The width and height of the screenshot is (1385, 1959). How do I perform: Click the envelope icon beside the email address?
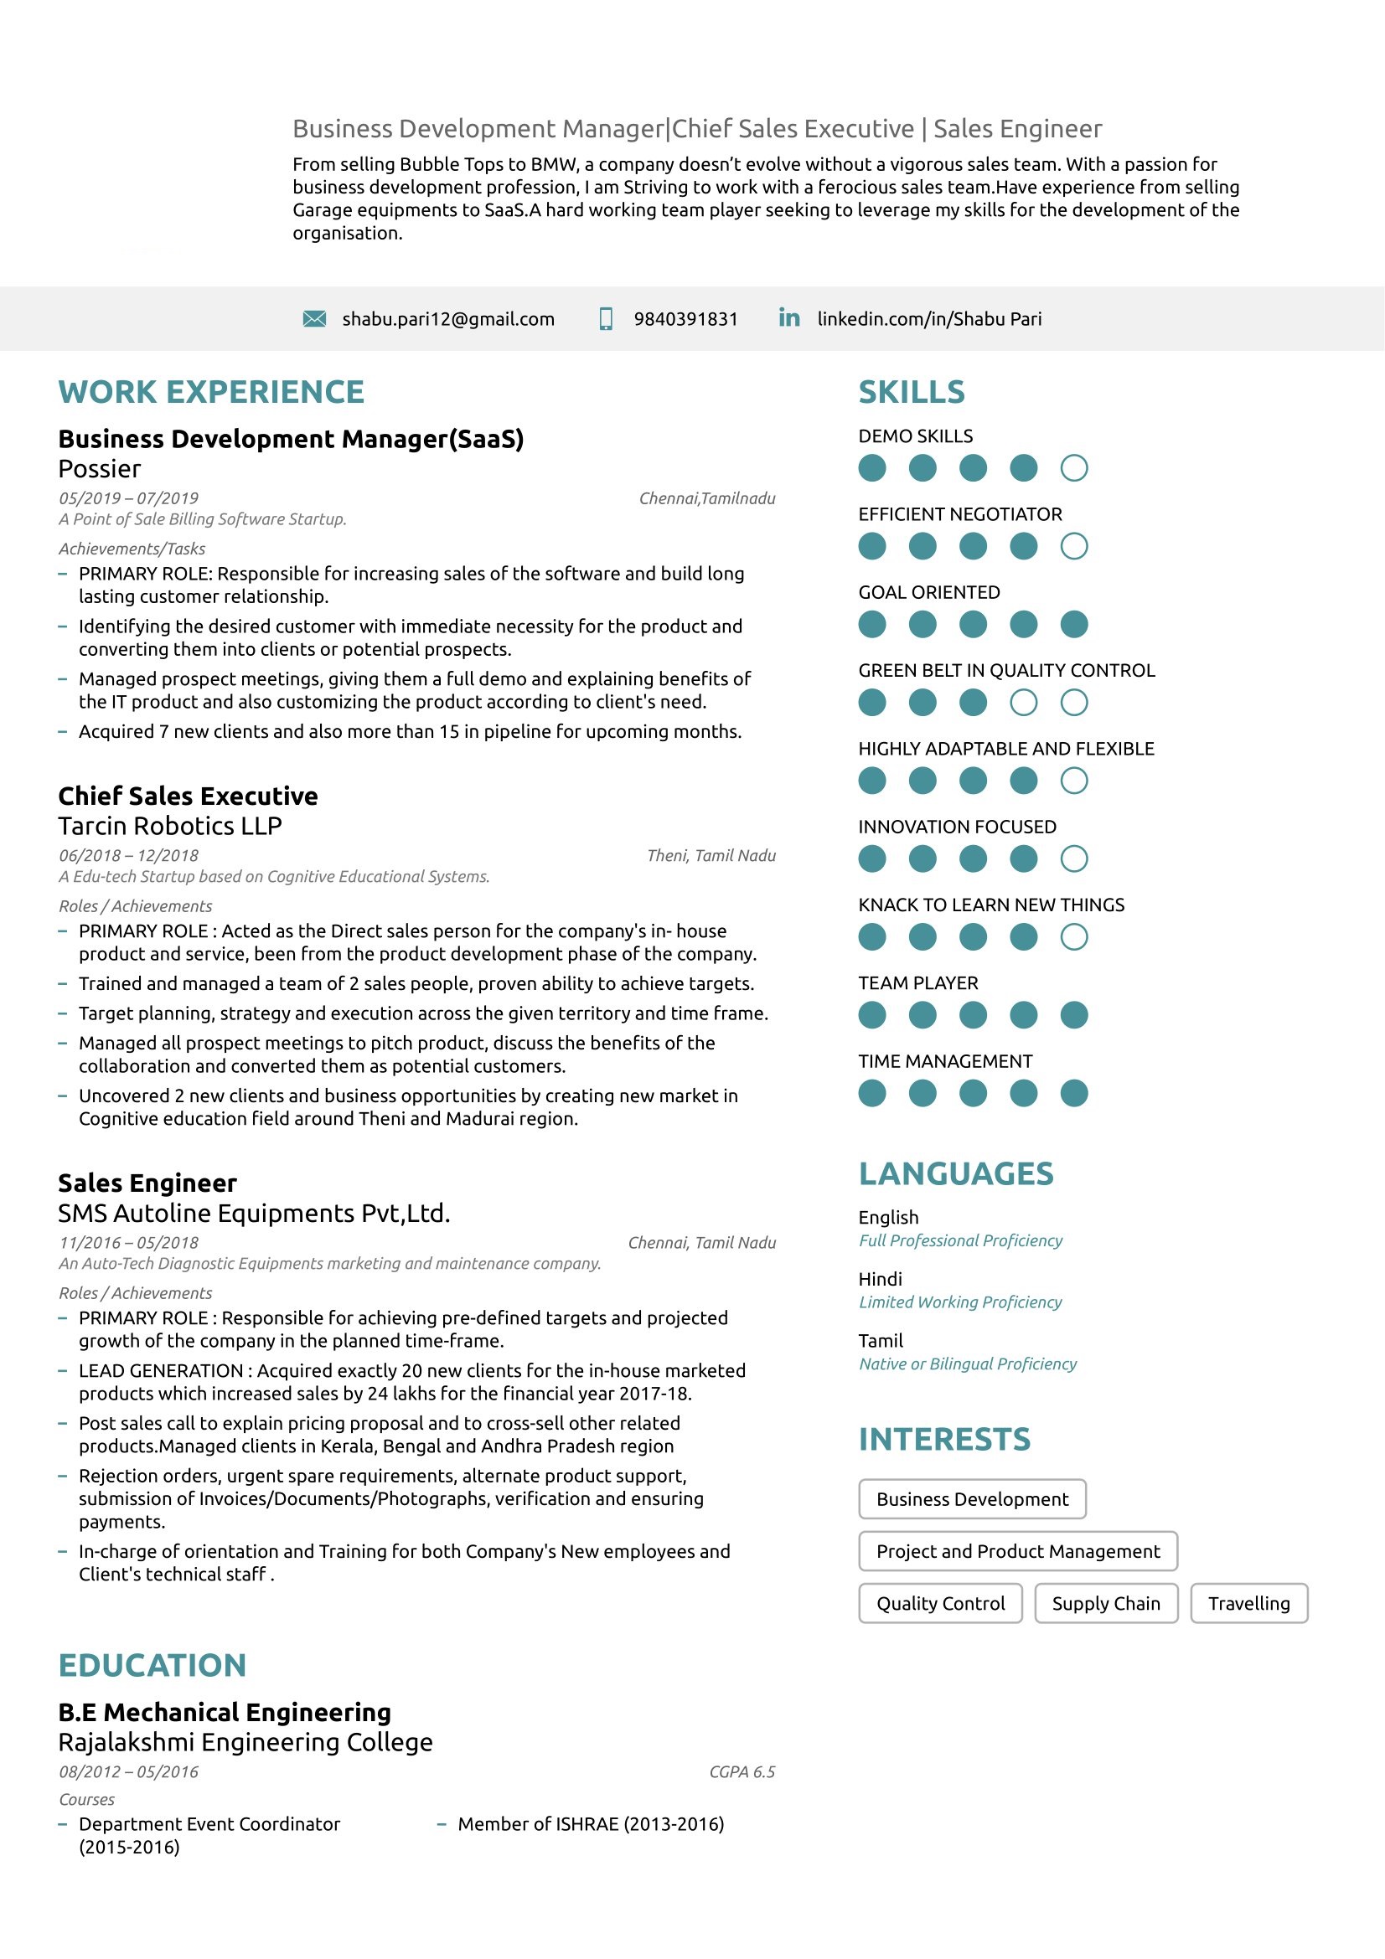[x=314, y=319]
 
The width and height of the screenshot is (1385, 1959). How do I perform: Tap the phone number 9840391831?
[x=685, y=319]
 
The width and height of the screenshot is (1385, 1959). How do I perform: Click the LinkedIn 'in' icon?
[x=789, y=318]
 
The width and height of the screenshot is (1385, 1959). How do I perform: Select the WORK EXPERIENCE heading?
[x=211, y=393]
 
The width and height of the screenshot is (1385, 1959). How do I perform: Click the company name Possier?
[x=100, y=469]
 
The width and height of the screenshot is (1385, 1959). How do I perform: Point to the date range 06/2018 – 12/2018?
[x=129, y=856]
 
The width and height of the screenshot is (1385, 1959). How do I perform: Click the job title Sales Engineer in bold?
[x=147, y=1183]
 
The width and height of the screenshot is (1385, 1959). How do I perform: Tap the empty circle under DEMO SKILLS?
[x=1073, y=468]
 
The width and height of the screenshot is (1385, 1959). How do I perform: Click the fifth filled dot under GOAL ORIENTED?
[x=1073, y=625]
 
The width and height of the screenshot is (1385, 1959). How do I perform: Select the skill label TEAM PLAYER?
[x=918, y=984]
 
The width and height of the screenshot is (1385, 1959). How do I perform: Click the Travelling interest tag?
[x=1248, y=1604]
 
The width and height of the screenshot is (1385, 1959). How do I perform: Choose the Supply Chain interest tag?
[x=1106, y=1604]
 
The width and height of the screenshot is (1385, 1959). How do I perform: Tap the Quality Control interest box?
[x=940, y=1604]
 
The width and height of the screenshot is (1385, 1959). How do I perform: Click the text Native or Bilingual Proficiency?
[x=968, y=1364]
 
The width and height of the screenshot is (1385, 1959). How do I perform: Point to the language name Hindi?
[x=880, y=1280]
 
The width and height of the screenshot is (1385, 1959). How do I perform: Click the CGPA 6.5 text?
[x=742, y=1772]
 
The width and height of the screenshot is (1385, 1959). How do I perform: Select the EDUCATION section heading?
[x=152, y=1666]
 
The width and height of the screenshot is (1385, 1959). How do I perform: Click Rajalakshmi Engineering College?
[x=245, y=1742]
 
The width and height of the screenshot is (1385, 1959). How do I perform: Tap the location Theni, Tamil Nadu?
[x=711, y=856]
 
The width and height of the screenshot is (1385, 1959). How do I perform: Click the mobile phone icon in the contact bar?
[x=606, y=319]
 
